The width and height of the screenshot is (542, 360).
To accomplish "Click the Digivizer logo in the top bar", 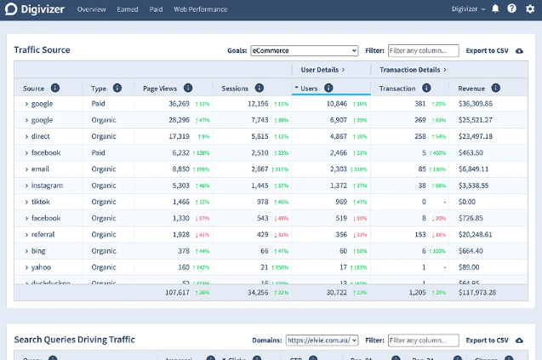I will click(35, 9).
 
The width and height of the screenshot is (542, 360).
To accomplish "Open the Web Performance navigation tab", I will click(200, 9).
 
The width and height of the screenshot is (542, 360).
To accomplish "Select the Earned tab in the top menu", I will click(128, 9).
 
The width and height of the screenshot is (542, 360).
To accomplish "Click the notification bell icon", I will click(495, 9).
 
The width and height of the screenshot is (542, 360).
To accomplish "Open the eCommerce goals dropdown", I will click(304, 50).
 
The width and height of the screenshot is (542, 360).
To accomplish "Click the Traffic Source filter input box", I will click(423, 50).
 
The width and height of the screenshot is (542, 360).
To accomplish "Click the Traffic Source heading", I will click(43, 50).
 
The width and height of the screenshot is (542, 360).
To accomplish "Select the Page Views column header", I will click(160, 89).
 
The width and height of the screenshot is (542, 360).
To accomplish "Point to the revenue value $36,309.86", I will click(475, 103).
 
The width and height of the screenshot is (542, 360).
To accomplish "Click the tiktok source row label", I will click(41, 202).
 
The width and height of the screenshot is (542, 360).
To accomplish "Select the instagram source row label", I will click(47, 185).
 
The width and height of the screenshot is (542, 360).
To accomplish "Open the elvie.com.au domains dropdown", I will click(322, 340).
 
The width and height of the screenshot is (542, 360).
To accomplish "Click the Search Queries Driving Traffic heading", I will click(74, 340).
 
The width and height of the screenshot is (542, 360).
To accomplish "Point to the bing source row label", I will click(39, 251).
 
